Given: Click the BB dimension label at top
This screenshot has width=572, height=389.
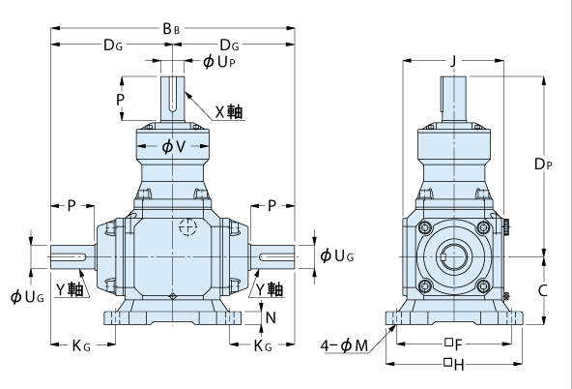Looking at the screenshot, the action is click(171, 28).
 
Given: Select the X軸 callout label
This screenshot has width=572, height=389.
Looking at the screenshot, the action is click(229, 112).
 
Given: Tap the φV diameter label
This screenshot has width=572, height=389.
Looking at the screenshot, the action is click(173, 146).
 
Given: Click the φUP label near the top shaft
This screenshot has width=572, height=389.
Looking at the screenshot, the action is click(219, 62).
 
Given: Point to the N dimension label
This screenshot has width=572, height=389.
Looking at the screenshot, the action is click(271, 317).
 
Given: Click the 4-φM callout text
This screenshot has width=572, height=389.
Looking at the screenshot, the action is click(344, 345).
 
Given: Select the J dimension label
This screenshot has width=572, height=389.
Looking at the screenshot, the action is click(453, 61).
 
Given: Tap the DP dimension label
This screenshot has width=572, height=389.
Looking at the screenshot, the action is click(543, 164).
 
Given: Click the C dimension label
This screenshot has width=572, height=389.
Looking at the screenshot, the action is click(543, 290).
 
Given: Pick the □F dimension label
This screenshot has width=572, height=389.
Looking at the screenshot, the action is click(454, 344).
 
